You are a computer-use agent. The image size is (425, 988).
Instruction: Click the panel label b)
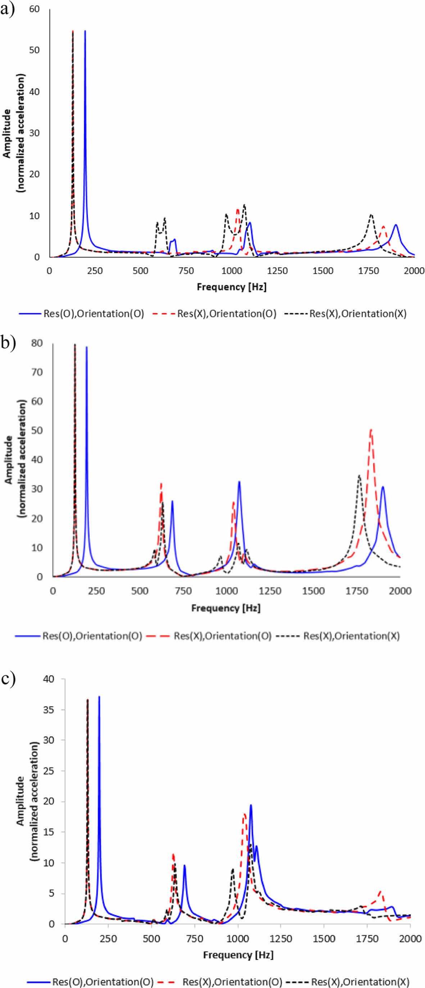pos(8,343)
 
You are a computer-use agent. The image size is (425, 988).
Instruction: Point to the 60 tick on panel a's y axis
pos(34,9)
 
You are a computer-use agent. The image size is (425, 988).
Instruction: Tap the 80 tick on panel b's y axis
pos(37,343)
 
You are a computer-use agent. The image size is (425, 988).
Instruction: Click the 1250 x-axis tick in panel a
pos(277,271)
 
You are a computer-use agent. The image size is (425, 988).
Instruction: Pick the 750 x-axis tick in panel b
pos(183,590)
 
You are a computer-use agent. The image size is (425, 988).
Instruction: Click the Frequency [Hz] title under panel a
pos(231,287)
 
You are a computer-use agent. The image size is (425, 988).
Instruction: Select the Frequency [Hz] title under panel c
pos(238,955)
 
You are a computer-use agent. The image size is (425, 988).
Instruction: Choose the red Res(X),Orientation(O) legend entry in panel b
pos(222,636)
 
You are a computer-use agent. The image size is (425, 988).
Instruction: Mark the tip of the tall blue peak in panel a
pos(85,31)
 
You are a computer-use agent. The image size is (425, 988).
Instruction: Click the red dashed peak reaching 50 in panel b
pos(371,430)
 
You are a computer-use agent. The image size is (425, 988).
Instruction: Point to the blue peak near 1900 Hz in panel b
pos(383,487)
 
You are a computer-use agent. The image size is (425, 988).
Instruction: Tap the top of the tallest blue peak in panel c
pos(99,696)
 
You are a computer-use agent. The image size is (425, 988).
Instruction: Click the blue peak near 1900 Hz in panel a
pos(395,225)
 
